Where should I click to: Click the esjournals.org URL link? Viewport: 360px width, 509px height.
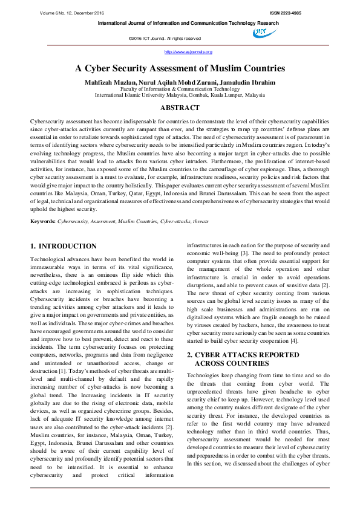click(180, 53)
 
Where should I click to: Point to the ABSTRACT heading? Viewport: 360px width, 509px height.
click(180, 108)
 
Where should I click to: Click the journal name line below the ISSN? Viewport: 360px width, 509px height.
click(188, 23)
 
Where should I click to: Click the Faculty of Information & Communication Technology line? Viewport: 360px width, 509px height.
click(180, 88)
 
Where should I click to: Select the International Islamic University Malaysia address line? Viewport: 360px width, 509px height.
click(180, 95)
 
